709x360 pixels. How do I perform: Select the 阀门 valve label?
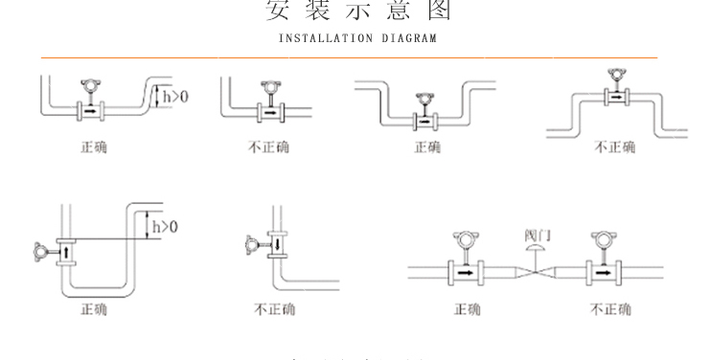(537, 235)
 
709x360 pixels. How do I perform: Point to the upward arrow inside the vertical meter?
(67, 253)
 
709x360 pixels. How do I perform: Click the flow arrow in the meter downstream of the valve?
(606, 272)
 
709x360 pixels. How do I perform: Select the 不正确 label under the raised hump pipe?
(614, 147)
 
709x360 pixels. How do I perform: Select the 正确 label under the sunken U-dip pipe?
(427, 147)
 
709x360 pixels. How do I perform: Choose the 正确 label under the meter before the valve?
(469, 309)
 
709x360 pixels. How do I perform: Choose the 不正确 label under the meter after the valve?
(611, 309)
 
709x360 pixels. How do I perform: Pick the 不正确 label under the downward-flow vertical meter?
(274, 309)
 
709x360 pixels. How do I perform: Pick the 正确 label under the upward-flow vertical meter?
(94, 309)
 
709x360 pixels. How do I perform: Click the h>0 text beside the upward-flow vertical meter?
(165, 227)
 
